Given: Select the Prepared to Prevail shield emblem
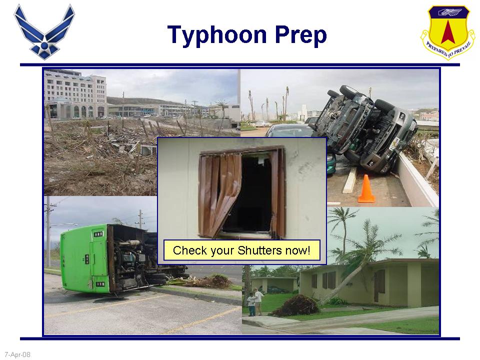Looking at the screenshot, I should (447, 31).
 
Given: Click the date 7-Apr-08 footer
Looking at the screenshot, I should (17, 354).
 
